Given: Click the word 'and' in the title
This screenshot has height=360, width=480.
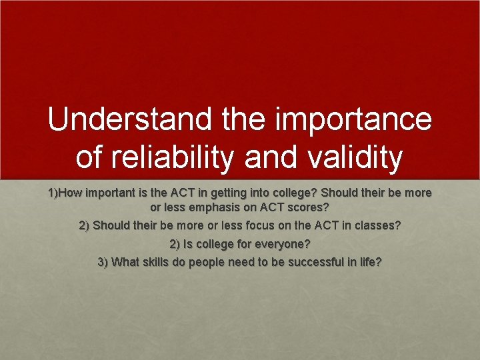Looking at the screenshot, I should pos(274,158).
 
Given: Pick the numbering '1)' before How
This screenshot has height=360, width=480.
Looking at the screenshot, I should pos(54,193).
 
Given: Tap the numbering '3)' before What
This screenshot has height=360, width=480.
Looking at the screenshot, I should pos(103,262).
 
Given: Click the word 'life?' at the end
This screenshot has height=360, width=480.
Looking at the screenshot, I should pos(369,262).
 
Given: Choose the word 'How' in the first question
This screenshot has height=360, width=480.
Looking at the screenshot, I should pos(72,193).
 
